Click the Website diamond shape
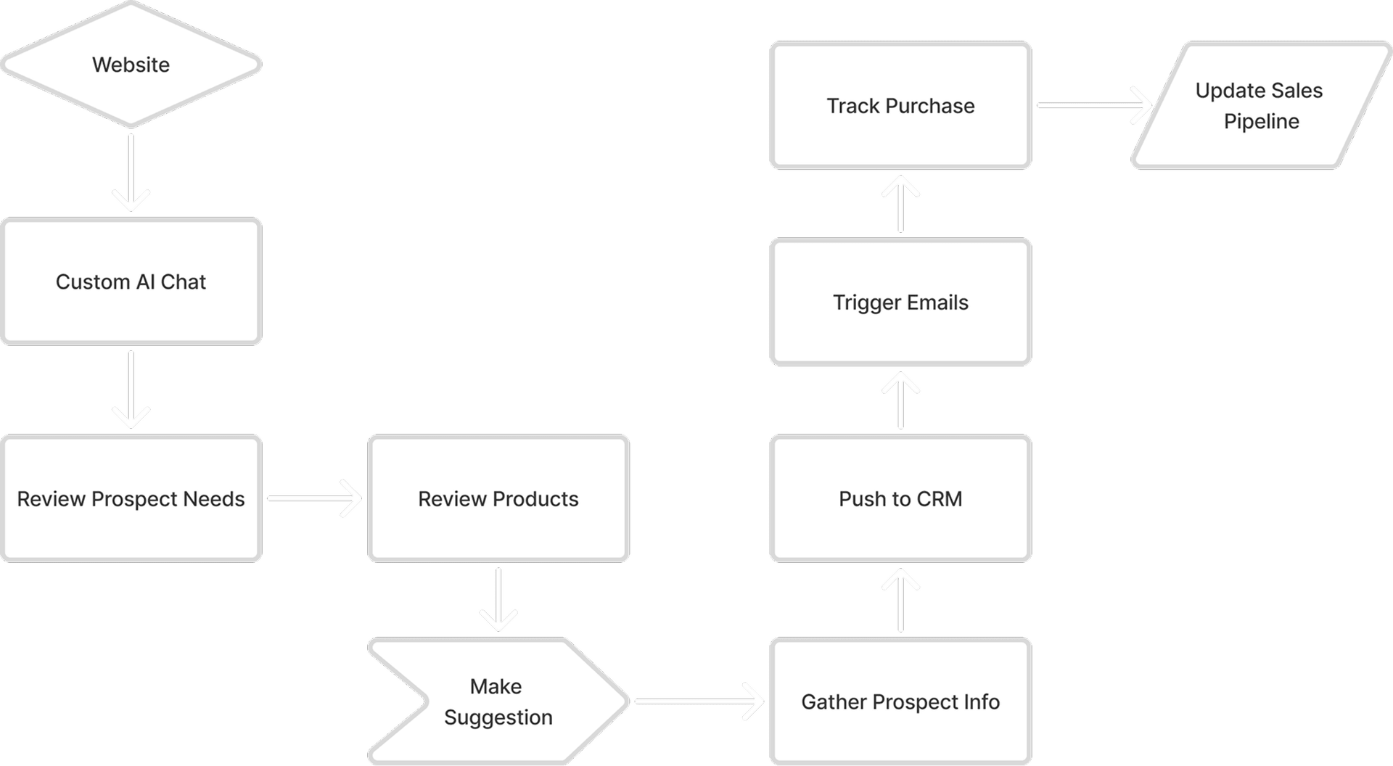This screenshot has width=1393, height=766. [x=131, y=64]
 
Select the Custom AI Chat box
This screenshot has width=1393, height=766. [x=131, y=281]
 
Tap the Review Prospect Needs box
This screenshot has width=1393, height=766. [x=131, y=498]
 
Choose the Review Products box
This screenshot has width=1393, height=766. [x=498, y=498]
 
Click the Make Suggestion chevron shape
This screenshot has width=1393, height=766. [x=498, y=701]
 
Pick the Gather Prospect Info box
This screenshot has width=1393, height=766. [x=900, y=701]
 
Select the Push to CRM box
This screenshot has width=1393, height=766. [x=900, y=498]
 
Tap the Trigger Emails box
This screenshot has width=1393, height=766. [x=900, y=302]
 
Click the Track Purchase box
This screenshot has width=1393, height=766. [x=900, y=105]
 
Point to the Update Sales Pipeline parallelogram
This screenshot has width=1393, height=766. [x=1262, y=105]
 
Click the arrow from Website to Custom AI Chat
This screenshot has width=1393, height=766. [x=131, y=173]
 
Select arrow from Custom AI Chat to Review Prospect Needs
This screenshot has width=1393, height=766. [x=131, y=390]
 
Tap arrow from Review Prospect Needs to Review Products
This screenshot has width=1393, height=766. [x=314, y=498]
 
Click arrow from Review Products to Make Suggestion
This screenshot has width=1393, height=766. [x=498, y=599]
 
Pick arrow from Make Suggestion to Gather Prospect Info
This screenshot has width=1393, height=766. [x=699, y=701]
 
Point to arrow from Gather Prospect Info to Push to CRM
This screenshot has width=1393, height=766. [x=900, y=600]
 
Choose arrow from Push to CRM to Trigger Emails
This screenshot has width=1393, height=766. [x=900, y=400]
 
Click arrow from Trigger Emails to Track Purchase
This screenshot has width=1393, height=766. [x=900, y=203]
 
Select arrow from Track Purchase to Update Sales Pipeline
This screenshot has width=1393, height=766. [x=1095, y=105]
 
